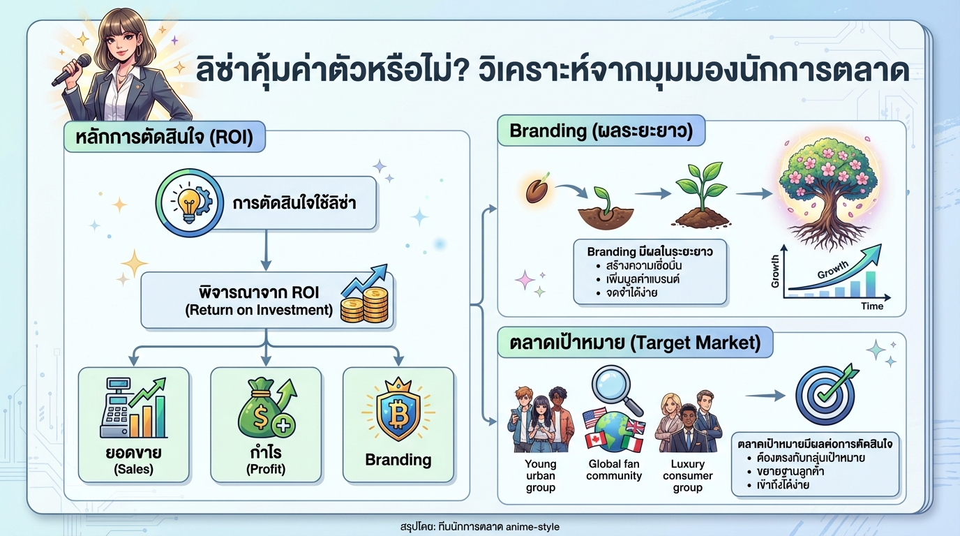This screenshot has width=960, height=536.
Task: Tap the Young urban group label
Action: point(541,475)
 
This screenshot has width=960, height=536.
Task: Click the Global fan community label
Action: point(614,470)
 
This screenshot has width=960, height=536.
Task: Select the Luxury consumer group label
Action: point(687,475)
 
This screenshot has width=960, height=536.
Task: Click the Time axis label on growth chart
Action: point(872,306)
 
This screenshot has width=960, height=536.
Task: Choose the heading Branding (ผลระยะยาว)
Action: point(601,131)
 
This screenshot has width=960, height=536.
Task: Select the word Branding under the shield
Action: point(398,460)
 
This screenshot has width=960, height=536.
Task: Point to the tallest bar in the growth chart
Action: point(871,284)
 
